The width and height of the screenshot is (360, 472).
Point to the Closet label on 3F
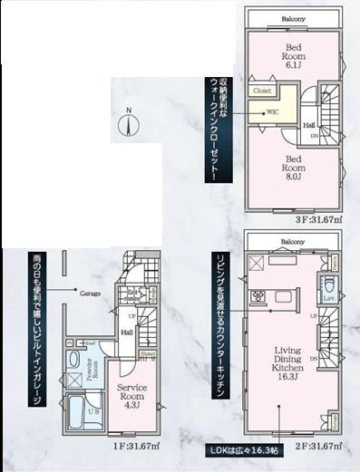pos(263,92)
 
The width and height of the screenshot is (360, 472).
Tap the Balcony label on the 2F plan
pos(291,243)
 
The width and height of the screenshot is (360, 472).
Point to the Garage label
pos(89,294)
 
